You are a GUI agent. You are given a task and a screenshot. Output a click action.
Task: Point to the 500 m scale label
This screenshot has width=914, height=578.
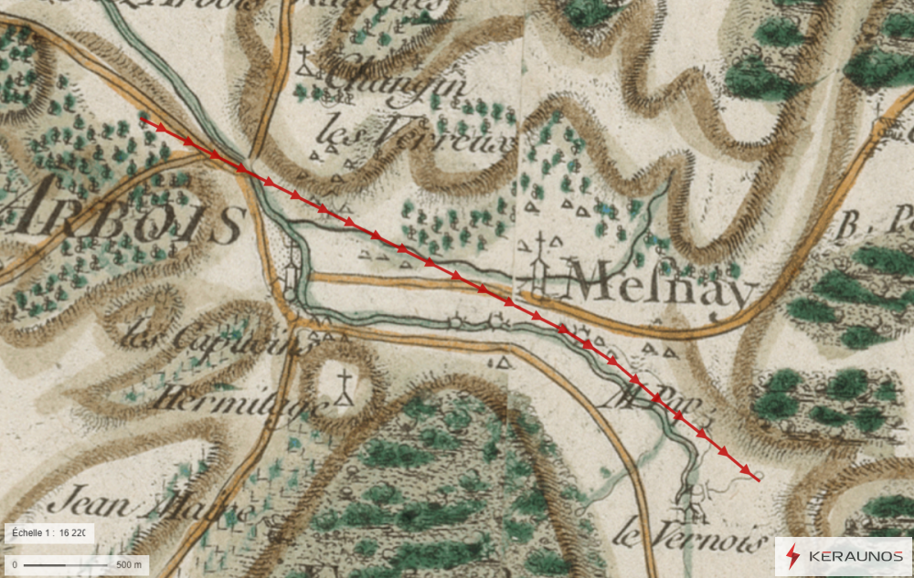pyautogui.click(x=130, y=565)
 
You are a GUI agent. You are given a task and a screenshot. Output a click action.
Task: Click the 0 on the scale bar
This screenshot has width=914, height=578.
pyautogui.click(x=14, y=565)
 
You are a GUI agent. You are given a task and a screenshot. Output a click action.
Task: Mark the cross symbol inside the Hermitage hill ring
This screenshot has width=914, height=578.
pyautogui.click(x=345, y=388)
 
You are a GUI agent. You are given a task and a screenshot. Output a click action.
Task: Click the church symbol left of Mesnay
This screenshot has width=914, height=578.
pyautogui.click(x=540, y=265)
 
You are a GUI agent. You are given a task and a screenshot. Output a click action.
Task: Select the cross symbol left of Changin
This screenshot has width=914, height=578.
pyautogui.click(x=304, y=64)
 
